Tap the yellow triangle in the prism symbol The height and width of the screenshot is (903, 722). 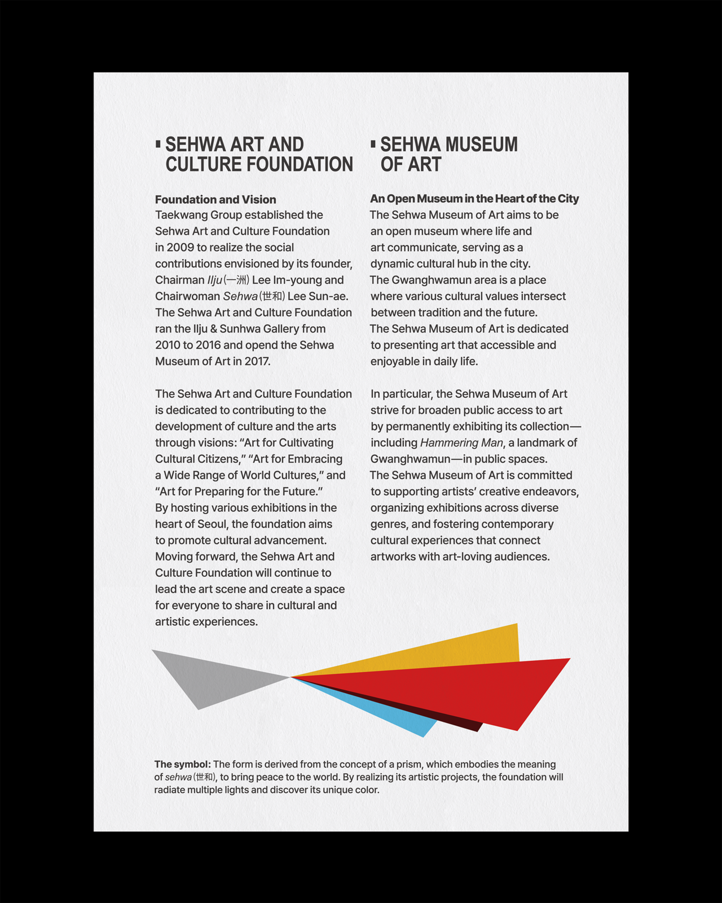(463, 649)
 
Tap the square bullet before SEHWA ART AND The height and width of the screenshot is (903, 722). (159, 144)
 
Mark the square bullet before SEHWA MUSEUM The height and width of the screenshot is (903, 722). (373, 144)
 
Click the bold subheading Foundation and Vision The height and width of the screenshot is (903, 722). (215, 199)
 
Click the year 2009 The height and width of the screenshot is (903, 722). (180, 247)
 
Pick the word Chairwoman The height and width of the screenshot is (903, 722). (187, 296)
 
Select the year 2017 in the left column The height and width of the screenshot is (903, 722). (257, 361)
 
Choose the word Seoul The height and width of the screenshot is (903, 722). (212, 524)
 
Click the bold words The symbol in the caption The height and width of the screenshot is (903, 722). (182, 764)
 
